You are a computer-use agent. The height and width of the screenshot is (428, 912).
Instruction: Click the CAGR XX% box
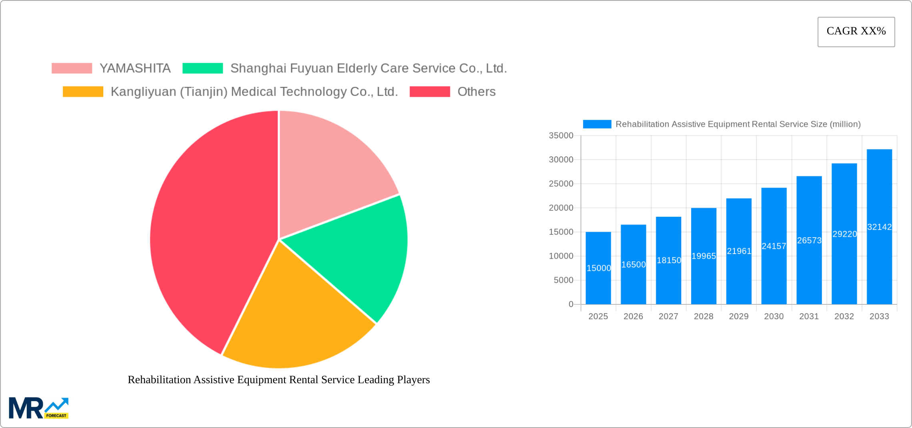pos(856,32)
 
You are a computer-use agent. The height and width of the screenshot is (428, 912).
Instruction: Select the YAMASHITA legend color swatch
pos(72,68)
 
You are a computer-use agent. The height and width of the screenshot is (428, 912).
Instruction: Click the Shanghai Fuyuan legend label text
pos(368,68)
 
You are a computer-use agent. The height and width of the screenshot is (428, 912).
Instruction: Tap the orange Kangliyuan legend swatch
pos(83,92)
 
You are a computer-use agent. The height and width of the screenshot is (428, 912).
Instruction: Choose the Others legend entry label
pos(476,92)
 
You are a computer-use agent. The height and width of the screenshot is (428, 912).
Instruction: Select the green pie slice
pos(360,256)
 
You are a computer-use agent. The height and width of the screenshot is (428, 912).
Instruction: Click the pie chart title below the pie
pos(279,380)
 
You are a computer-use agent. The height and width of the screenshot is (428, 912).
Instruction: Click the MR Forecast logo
pos(38,408)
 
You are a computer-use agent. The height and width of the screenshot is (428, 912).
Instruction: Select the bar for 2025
pos(598,280)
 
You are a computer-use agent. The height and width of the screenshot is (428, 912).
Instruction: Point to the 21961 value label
pos(739,251)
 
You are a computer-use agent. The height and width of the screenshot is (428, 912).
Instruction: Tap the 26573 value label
pos(809,240)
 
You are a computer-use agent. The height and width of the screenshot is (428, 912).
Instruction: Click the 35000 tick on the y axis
pos(561,136)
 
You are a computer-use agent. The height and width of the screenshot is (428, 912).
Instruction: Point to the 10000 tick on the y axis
pos(561,256)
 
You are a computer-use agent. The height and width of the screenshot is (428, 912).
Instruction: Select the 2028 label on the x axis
pos(703,316)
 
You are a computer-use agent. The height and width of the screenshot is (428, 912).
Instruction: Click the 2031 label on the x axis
pos(809,316)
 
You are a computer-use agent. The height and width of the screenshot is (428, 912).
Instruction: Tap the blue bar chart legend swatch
pos(597,124)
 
